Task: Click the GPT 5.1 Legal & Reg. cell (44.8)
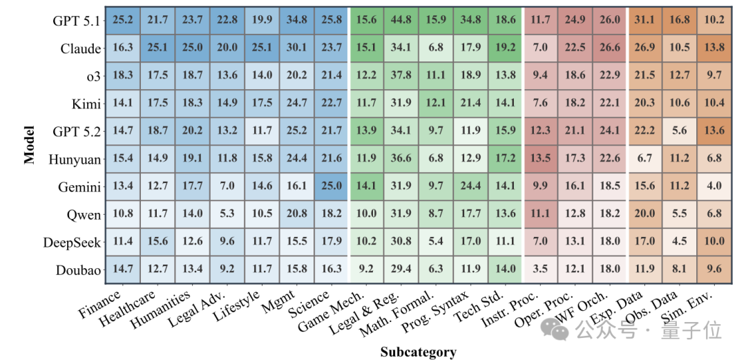402,21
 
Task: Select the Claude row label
80,48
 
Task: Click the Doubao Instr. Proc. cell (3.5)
541,269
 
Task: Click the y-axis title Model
30,145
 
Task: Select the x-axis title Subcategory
418,352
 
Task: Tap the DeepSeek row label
71,243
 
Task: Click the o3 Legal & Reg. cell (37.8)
402,76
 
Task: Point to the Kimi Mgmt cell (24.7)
296,104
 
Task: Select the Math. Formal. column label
396,314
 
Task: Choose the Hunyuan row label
75,160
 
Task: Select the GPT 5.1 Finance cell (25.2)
123,21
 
